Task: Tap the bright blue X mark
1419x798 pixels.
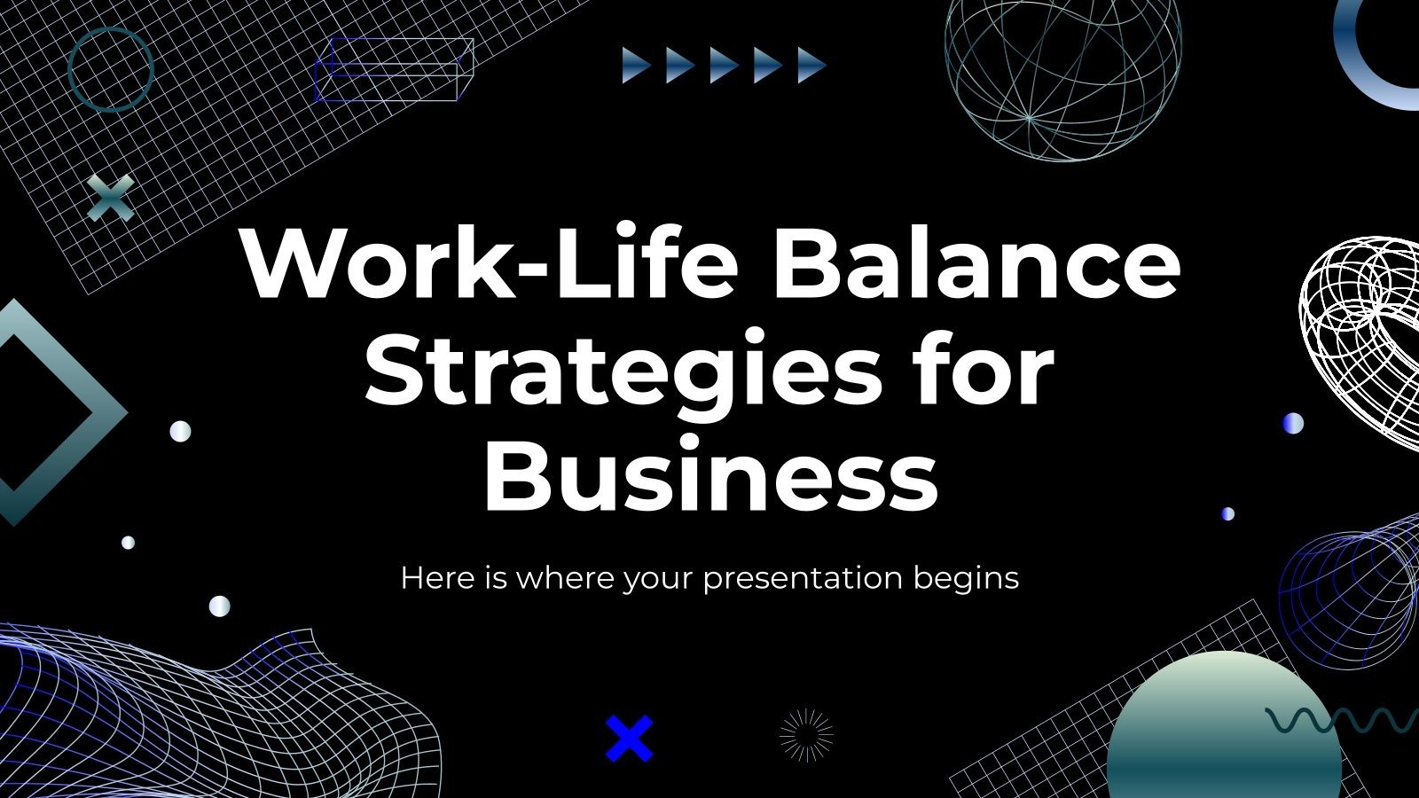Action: pyautogui.click(x=629, y=739)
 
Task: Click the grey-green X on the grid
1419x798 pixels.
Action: pyautogui.click(x=112, y=197)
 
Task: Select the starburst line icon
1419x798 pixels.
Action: pyautogui.click(x=806, y=735)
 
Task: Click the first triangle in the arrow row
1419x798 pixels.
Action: pyautogui.click(x=635, y=66)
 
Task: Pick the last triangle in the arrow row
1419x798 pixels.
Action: pyautogui.click(x=811, y=66)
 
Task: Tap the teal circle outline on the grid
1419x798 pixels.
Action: pyautogui.click(x=111, y=69)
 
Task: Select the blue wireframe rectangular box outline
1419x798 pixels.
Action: pyautogui.click(x=394, y=70)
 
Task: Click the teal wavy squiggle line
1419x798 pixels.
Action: pyautogui.click(x=1339, y=720)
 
